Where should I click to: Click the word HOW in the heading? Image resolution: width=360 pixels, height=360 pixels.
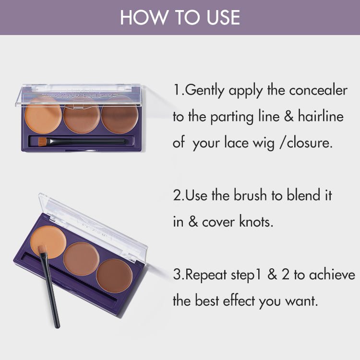pos(139,17)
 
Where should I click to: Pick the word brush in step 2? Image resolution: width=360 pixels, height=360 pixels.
pos(251,195)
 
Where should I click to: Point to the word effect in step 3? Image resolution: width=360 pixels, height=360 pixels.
pos(233,301)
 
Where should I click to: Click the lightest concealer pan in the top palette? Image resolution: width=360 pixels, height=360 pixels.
pos(44,118)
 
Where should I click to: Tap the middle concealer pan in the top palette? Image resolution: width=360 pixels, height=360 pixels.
pos(82,118)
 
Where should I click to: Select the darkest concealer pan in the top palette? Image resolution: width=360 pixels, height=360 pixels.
pos(120,118)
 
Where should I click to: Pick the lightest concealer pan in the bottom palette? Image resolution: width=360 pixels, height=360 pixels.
pos(48,240)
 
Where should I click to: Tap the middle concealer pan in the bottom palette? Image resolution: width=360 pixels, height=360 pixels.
pos(81,258)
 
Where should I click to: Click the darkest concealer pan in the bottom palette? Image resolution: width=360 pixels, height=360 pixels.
pos(114,275)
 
